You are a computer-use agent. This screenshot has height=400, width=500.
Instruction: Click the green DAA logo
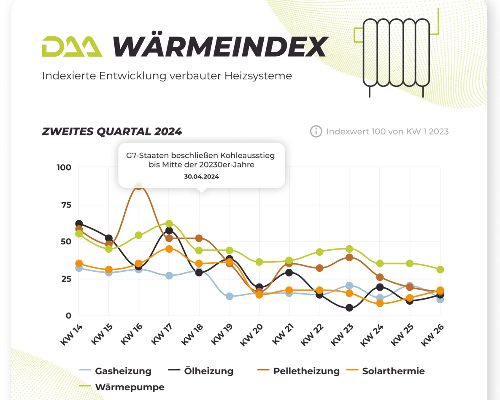(x=72, y=46)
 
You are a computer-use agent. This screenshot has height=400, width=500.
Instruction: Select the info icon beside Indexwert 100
(x=316, y=132)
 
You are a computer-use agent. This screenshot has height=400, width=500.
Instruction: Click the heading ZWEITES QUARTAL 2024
(x=112, y=132)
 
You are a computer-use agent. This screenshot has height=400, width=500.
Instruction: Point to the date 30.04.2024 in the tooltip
(x=201, y=177)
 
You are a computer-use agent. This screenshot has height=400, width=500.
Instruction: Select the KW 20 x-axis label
(x=253, y=335)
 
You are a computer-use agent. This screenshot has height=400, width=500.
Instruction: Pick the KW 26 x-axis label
(x=433, y=335)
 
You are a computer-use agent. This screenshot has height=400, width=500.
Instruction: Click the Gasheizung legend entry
(x=123, y=371)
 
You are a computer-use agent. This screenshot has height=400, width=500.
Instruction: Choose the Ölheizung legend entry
(x=208, y=371)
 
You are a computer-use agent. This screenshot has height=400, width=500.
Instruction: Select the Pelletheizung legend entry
(x=306, y=371)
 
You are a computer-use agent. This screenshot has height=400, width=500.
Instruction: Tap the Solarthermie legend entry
(x=393, y=371)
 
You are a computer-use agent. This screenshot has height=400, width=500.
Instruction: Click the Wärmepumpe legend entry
(x=130, y=387)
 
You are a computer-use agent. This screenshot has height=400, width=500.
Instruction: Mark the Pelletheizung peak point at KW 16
(x=139, y=186)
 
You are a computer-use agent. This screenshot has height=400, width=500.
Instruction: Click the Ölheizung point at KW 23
(x=349, y=308)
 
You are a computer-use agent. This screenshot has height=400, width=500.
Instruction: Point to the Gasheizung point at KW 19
(x=230, y=296)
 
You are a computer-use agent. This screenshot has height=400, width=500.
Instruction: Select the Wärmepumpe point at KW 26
(x=440, y=270)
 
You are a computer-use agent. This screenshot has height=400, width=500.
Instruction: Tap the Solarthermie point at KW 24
(x=380, y=303)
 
